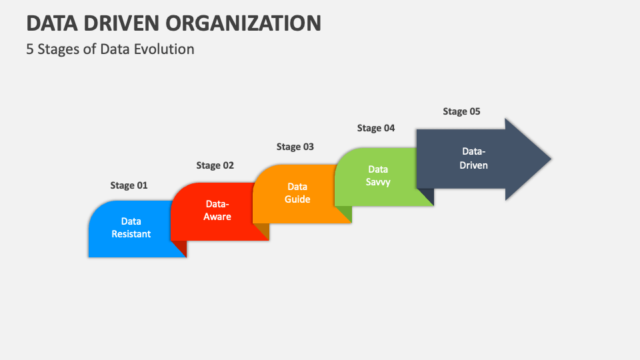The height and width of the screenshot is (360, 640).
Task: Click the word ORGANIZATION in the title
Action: click(x=243, y=23)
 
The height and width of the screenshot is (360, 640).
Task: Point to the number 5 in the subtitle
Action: click(x=29, y=49)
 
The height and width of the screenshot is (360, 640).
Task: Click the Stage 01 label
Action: click(x=129, y=185)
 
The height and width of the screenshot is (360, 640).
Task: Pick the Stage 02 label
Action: click(x=215, y=165)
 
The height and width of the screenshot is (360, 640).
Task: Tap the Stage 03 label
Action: click(x=295, y=147)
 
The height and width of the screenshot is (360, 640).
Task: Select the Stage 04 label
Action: click(x=376, y=128)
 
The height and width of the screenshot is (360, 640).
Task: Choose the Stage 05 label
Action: click(x=461, y=111)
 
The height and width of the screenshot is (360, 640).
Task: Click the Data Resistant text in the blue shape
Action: click(x=131, y=227)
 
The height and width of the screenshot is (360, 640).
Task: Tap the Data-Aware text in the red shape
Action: click(x=217, y=210)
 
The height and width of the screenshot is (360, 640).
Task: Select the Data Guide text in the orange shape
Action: click(x=297, y=193)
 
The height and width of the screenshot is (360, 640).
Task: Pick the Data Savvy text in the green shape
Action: click(x=378, y=175)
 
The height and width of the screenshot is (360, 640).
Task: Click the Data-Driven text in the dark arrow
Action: click(x=473, y=158)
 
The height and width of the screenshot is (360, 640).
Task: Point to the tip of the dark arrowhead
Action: click(x=551, y=159)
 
